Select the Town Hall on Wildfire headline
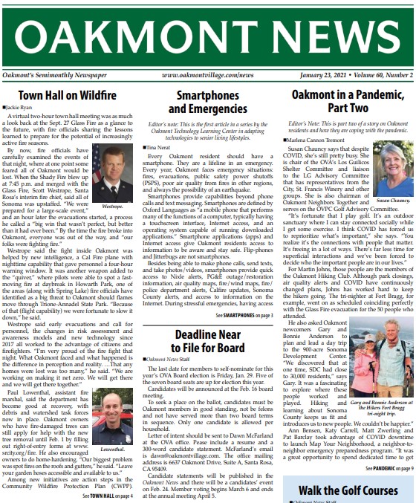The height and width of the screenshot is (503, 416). click(71, 96)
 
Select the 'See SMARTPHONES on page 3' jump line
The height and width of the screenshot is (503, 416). click(243, 316)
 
